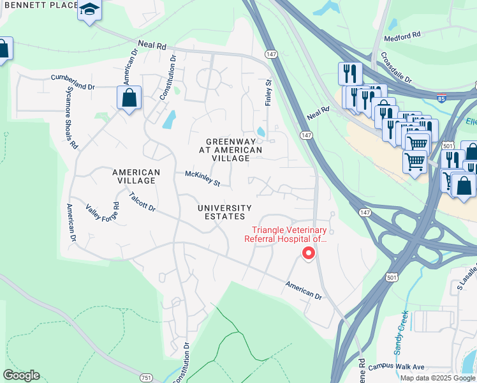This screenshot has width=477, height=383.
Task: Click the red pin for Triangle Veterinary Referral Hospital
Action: point(308,253)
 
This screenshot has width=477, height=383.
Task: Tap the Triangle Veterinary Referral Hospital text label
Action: point(289,235)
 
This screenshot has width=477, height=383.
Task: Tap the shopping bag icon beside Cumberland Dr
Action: point(129,98)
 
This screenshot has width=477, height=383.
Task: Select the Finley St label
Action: point(268,93)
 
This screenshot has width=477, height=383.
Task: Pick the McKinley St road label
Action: point(202,178)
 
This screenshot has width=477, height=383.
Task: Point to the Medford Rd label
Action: point(402,38)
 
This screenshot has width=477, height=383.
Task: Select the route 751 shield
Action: point(146,378)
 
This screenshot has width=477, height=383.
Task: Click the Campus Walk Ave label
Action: point(396,367)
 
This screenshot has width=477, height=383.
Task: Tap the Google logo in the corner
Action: point(21,375)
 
